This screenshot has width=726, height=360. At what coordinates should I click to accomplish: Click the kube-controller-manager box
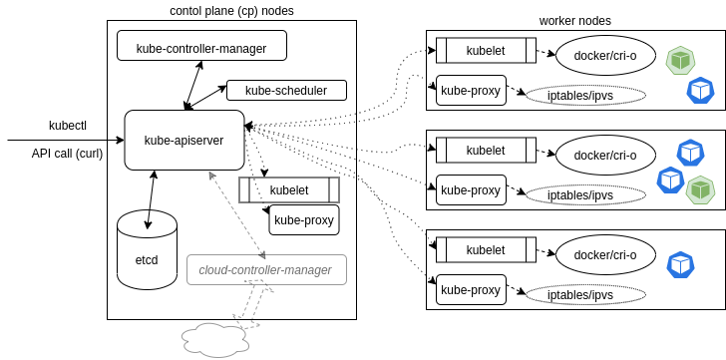point(201,46)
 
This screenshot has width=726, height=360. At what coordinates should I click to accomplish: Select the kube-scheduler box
point(286,91)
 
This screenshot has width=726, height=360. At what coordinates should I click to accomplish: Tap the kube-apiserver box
point(183,140)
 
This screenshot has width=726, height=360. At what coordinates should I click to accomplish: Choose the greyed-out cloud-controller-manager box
point(266,269)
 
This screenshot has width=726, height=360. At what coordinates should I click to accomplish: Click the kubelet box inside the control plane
point(289,189)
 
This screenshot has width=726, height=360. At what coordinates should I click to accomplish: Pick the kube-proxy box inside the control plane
point(304,220)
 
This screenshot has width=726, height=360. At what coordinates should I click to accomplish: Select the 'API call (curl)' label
point(67,154)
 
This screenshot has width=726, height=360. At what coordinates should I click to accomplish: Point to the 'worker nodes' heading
point(574,20)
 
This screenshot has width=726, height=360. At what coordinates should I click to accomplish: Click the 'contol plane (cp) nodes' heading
point(232,10)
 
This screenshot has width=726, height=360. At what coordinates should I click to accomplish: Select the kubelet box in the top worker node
point(486,49)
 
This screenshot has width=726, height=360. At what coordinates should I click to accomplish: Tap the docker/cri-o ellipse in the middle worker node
point(604,155)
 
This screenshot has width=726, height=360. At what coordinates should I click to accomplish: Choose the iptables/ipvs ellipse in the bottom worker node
point(585,295)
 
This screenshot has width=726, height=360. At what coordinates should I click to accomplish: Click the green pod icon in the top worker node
point(680,60)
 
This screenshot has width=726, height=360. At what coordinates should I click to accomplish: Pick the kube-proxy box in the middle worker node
point(471,189)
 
